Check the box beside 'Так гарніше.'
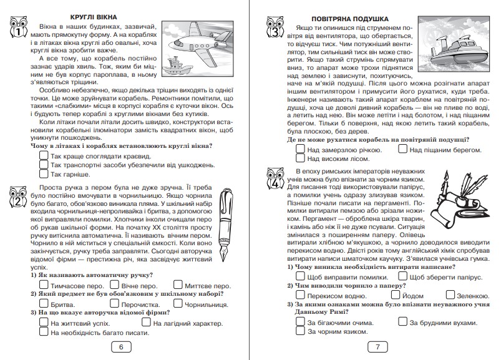pos(44,174)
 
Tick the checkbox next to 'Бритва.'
pos(44,303)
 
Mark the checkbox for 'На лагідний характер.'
pos(146,323)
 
